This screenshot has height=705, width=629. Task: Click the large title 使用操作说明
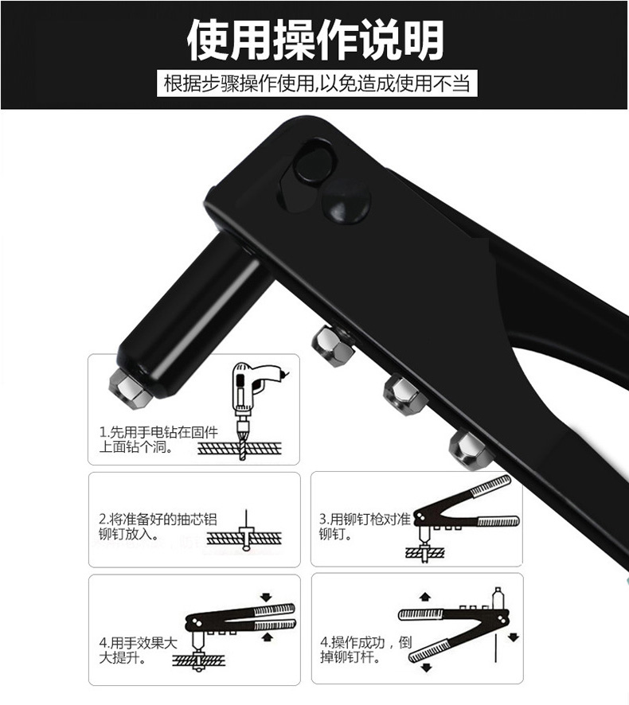315,40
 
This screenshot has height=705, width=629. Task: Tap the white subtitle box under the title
317,84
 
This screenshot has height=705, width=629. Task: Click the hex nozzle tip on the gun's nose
129,388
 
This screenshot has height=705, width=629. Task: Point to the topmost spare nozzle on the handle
333,345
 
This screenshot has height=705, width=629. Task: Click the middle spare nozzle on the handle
404,395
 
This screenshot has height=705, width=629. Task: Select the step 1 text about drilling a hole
158,440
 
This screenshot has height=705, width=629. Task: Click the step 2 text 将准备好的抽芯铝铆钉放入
158,527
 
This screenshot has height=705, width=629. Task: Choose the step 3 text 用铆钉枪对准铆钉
365,527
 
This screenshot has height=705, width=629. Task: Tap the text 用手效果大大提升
138,650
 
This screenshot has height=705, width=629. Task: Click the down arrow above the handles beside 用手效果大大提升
267,597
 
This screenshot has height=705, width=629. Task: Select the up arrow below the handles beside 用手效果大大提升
268,637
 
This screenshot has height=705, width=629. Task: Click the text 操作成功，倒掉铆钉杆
365,649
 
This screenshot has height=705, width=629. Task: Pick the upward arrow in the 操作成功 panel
424,597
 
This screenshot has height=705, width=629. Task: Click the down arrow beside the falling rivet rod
514,637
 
